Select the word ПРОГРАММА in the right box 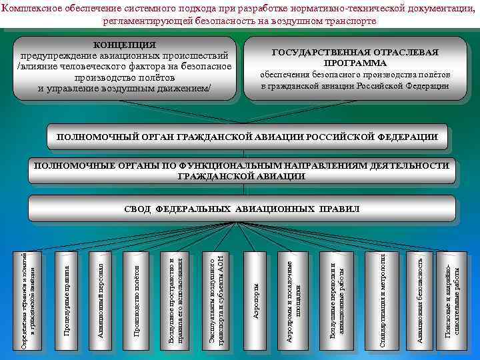[x=355, y=63]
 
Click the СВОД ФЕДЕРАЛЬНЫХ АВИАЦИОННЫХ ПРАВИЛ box [x=242, y=209]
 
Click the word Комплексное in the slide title [x=32, y=8]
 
